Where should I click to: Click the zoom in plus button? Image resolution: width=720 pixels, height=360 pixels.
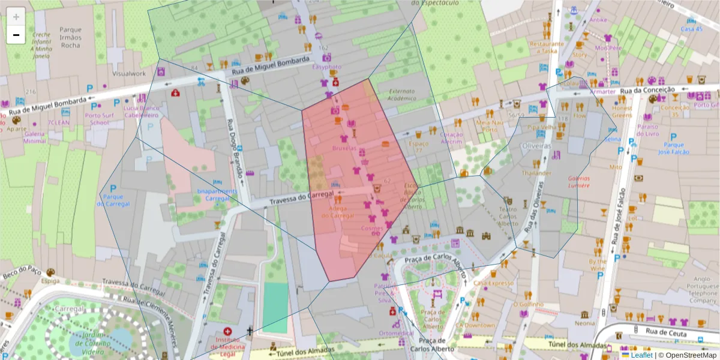coord(16,16)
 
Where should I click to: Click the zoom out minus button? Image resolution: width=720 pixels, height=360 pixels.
coord(16,35)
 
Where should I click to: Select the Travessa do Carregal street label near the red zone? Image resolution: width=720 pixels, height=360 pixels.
coord(301,198)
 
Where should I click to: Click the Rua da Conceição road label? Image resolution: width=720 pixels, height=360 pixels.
coord(644,90)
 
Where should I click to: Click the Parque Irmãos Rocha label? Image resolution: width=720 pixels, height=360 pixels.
coord(70,37)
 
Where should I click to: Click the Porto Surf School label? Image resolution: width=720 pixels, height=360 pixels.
coord(97,119)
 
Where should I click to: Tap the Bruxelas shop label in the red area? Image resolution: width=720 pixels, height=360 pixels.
coord(344,148)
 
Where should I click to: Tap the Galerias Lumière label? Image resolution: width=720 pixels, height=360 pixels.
coord(579,182)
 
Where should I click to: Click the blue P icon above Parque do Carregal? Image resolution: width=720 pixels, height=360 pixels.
coord(112,189)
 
